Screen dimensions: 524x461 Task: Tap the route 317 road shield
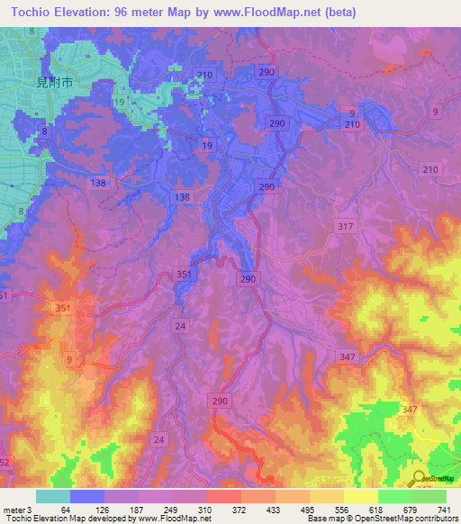coord(342,226)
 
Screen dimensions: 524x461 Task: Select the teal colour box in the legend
coord(53,496)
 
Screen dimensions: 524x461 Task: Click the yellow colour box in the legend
coord(361,496)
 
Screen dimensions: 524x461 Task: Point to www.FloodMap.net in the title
coord(275,13)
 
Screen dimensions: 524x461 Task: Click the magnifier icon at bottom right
coord(417,478)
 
